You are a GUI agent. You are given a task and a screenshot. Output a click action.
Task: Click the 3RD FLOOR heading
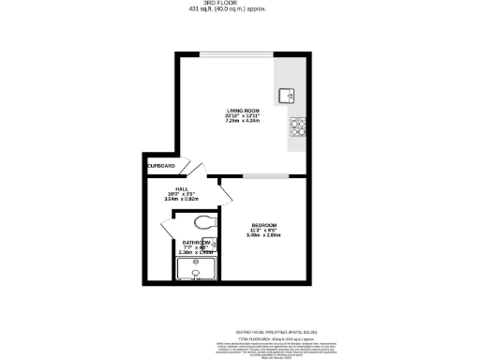click(239, 5)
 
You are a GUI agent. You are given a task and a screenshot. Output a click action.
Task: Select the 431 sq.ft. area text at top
click(239, 11)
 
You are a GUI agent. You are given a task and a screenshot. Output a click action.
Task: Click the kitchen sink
click(286, 94)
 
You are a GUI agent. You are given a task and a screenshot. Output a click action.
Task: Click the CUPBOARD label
click(161, 166)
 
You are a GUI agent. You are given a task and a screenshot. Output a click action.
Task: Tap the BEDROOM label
click(263, 225)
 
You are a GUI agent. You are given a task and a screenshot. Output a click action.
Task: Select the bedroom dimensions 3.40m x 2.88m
click(263, 235)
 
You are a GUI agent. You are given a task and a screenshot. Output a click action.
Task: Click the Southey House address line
click(239, 330)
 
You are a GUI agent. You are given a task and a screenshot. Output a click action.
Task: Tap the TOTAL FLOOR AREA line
click(239, 336)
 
